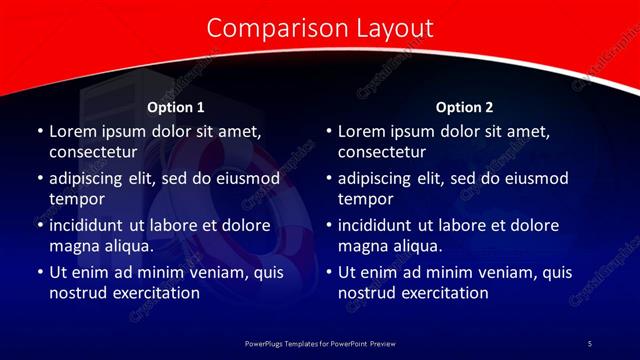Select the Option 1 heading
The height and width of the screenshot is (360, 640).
(175, 107)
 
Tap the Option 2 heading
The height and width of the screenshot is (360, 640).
(465, 107)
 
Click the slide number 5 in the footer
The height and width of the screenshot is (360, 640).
(589, 344)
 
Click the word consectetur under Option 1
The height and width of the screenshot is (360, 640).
(92, 153)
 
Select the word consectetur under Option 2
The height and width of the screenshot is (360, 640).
(381, 153)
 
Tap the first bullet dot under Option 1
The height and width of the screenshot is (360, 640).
(40, 132)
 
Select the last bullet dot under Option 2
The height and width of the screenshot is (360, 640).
(329, 272)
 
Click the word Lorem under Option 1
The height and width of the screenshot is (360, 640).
(72, 132)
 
